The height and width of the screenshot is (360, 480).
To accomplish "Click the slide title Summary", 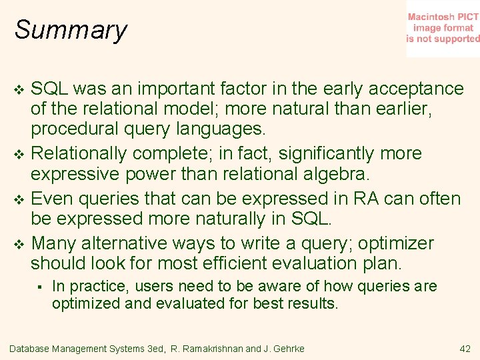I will point(71,30).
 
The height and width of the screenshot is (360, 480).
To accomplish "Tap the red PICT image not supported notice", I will point(443,28).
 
